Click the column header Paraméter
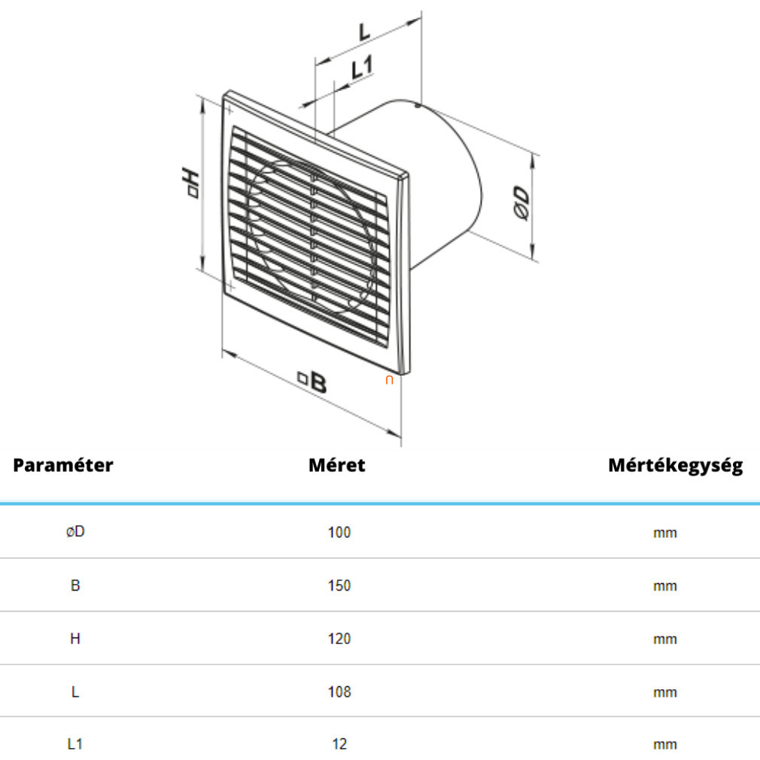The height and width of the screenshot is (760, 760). (x=63, y=465)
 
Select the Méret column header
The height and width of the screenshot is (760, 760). (x=337, y=465)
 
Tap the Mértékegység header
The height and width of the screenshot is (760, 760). (x=676, y=465)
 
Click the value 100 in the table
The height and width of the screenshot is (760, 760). (x=339, y=532)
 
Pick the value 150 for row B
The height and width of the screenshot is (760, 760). (x=339, y=585)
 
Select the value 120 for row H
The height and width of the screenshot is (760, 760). (x=339, y=639)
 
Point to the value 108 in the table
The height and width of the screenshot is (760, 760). (x=339, y=692)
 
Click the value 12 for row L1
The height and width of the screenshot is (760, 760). (x=339, y=743)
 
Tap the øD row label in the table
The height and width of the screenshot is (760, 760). (x=75, y=532)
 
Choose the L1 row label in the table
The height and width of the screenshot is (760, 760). (x=75, y=743)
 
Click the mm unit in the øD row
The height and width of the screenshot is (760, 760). (x=665, y=534)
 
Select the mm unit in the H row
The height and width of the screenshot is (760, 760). (x=665, y=640)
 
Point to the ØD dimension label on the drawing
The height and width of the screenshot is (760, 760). (x=521, y=202)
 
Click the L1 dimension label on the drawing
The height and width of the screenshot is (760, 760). (x=362, y=68)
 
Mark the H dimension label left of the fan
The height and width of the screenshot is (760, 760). (x=190, y=182)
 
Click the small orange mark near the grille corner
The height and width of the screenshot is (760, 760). (x=389, y=381)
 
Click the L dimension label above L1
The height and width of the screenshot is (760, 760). (x=364, y=31)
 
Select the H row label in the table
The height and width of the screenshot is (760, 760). (x=75, y=639)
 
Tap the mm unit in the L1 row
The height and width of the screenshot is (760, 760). (x=665, y=745)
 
